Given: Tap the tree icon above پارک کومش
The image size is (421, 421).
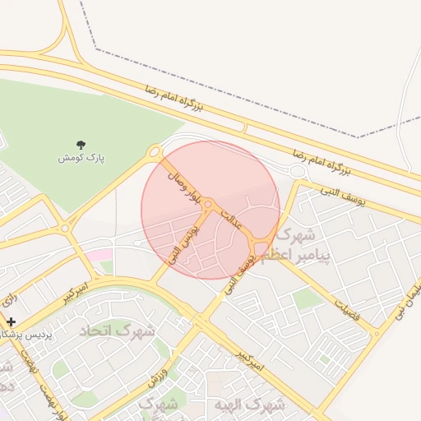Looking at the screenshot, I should [x=80, y=145].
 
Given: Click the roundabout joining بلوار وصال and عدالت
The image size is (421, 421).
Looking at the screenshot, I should [x=209, y=204].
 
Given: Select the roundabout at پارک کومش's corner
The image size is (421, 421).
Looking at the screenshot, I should [x=155, y=152].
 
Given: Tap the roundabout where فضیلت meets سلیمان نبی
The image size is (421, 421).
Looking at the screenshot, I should [x=377, y=333].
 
